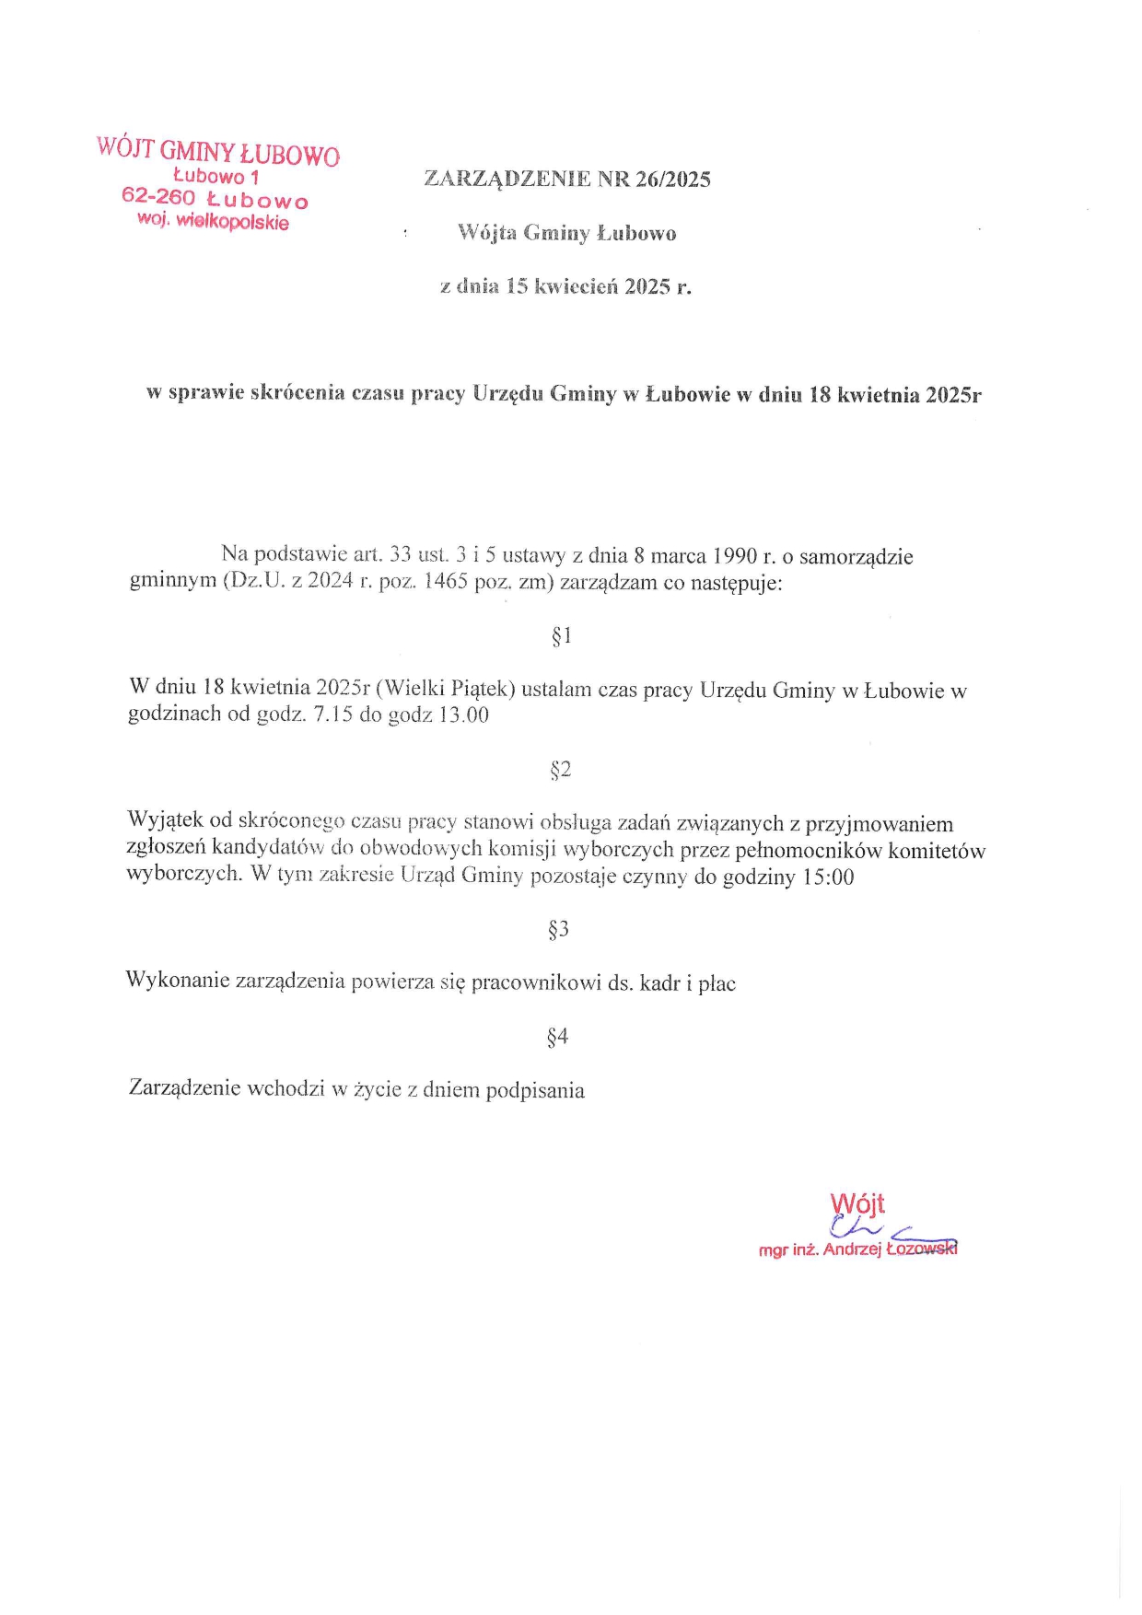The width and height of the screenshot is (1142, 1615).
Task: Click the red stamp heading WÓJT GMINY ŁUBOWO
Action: (x=217, y=151)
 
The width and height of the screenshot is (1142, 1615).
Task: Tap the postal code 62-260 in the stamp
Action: (x=158, y=197)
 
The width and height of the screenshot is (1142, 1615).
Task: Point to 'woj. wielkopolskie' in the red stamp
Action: (x=213, y=221)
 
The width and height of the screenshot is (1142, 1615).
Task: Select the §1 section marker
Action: (x=562, y=635)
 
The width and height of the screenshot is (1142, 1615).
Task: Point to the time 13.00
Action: (x=463, y=715)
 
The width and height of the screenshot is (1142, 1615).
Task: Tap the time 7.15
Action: (x=333, y=715)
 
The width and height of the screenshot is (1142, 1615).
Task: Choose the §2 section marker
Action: (x=561, y=770)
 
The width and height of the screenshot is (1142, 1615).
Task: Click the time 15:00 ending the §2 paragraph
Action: (x=828, y=877)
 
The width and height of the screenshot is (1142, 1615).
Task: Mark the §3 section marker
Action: (x=559, y=930)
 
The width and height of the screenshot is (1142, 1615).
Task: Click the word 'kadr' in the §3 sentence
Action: (x=659, y=983)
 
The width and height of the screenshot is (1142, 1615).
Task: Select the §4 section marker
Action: (x=558, y=1038)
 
